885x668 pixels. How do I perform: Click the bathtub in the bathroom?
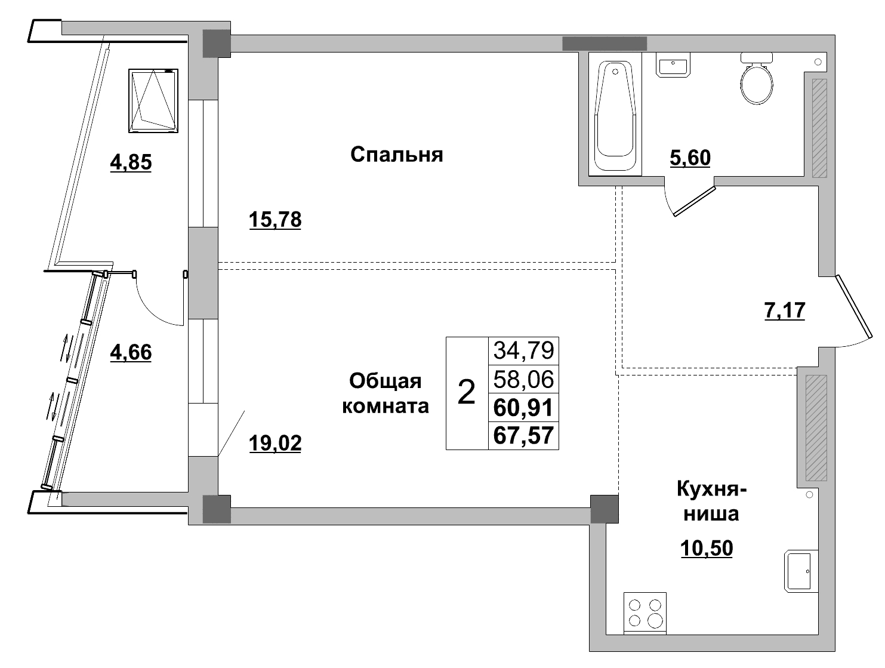[615, 114]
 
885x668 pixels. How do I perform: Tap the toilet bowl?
[757, 82]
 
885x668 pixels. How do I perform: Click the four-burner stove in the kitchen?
[645, 613]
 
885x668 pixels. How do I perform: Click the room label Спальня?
[396, 155]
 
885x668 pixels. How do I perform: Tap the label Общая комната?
[384, 393]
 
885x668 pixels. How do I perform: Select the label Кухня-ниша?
[711, 501]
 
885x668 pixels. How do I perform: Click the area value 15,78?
[275, 220]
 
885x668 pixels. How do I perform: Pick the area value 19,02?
[275, 443]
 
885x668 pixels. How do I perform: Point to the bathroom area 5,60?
[690, 158]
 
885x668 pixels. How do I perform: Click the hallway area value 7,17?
[785, 310]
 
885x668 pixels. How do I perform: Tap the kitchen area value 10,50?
[707, 548]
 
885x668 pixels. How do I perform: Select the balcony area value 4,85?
[131, 162]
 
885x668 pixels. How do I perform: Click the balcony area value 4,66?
[131, 352]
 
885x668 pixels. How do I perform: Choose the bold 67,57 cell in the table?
[523, 435]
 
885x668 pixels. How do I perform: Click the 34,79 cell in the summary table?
[523, 350]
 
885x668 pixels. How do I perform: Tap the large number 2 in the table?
[467, 393]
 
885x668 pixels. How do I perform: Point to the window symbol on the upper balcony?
[153, 100]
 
